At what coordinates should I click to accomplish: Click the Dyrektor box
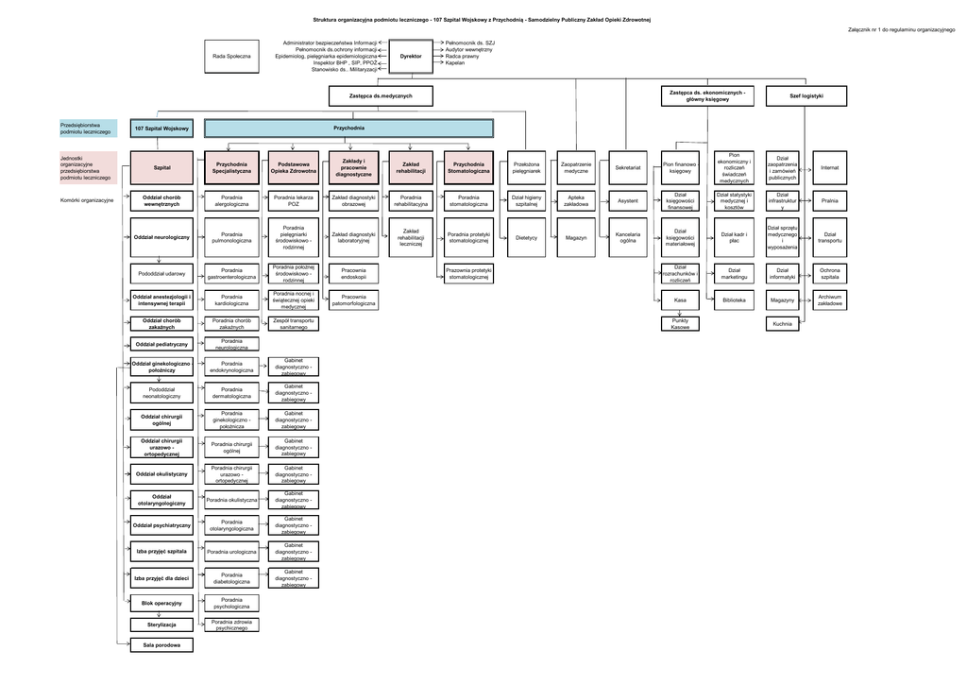411,57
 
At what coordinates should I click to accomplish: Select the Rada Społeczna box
231,57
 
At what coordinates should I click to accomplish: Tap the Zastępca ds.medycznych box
382,96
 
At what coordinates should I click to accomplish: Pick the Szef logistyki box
806,96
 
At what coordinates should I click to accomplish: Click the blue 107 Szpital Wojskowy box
162,128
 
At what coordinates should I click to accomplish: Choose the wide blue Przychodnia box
348,128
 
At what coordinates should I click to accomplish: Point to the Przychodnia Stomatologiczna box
468,167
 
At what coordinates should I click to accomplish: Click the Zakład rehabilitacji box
411,167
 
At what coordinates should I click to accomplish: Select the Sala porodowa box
162,646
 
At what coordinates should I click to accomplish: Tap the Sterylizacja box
162,625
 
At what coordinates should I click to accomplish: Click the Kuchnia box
782,323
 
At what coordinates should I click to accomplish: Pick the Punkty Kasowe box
680,323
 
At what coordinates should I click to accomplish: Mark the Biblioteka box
734,300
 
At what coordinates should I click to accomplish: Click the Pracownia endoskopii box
353,274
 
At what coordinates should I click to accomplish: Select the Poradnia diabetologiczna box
231,578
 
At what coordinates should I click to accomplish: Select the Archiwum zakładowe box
830,300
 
